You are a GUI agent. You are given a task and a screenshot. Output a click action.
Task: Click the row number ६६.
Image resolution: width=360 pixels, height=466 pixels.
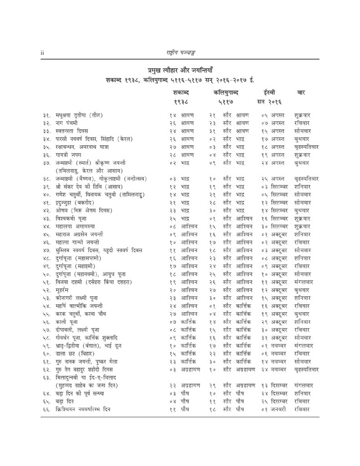[x=43, y=409]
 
